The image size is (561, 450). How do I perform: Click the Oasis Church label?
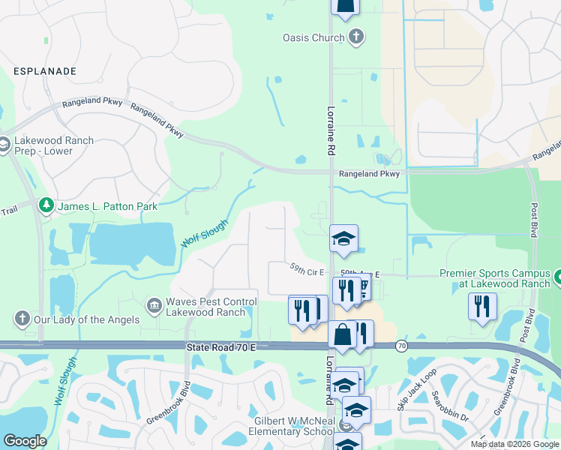pos(313,37)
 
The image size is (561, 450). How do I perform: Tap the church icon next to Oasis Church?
pos(355,37)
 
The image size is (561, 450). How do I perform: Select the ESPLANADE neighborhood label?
pos(45,71)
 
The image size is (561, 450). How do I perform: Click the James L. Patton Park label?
pos(108,206)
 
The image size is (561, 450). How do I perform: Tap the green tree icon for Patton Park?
pos(46,205)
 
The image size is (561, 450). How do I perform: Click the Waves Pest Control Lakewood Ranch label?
pos(211,307)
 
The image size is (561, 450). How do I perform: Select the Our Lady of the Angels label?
pos(86,319)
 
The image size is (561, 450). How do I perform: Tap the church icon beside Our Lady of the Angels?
pos(21,319)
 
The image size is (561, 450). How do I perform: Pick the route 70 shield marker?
pos(402,346)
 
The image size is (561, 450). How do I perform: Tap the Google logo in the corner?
pos(25,441)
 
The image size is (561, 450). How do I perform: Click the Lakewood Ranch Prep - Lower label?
pos(52,145)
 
